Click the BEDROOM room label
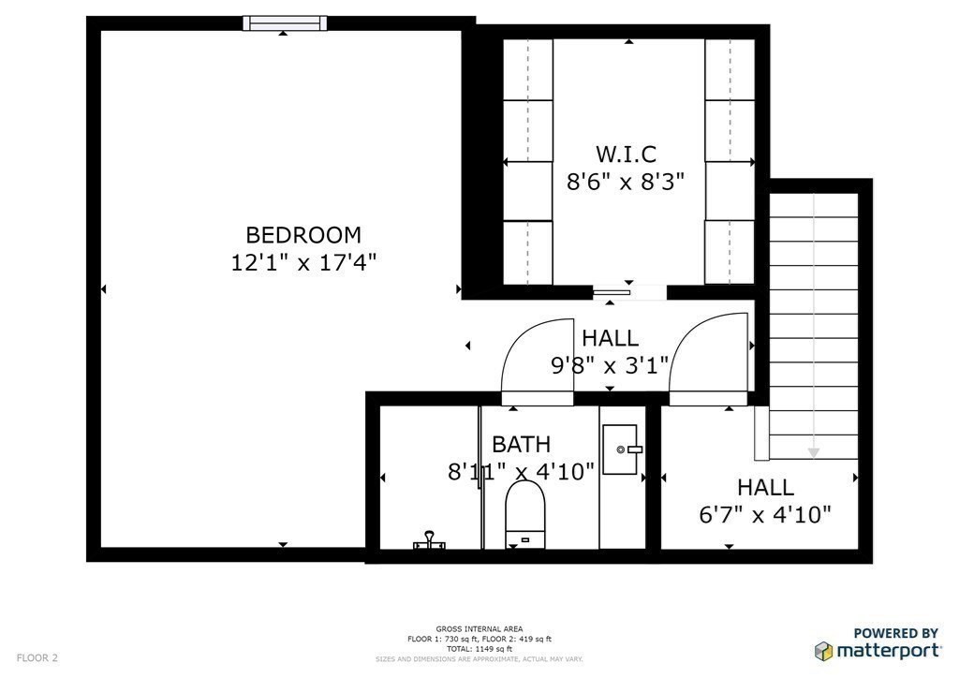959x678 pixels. pyautogui.click(x=302, y=235)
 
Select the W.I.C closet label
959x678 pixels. pyautogui.click(x=626, y=154)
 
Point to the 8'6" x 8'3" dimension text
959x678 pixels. pyautogui.click(x=626, y=181)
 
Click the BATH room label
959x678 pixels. pyautogui.click(x=521, y=444)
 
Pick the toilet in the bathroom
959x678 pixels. pyautogui.click(x=524, y=513)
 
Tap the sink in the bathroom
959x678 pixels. pyautogui.click(x=620, y=450)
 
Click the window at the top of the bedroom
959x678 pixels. pyautogui.click(x=285, y=23)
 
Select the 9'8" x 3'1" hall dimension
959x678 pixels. pyautogui.click(x=610, y=364)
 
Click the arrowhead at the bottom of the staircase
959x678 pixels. pyautogui.click(x=813, y=453)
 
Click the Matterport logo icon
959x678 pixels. pyautogui.click(x=823, y=650)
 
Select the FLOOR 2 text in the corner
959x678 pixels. pyautogui.click(x=37, y=657)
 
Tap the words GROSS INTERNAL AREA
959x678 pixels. pyautogui.click(x=479, y=628)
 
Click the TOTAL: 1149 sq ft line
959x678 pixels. pyautogui.click(x=479, y=648)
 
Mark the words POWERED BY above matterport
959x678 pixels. pyautogui.click(x=896, y=633)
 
